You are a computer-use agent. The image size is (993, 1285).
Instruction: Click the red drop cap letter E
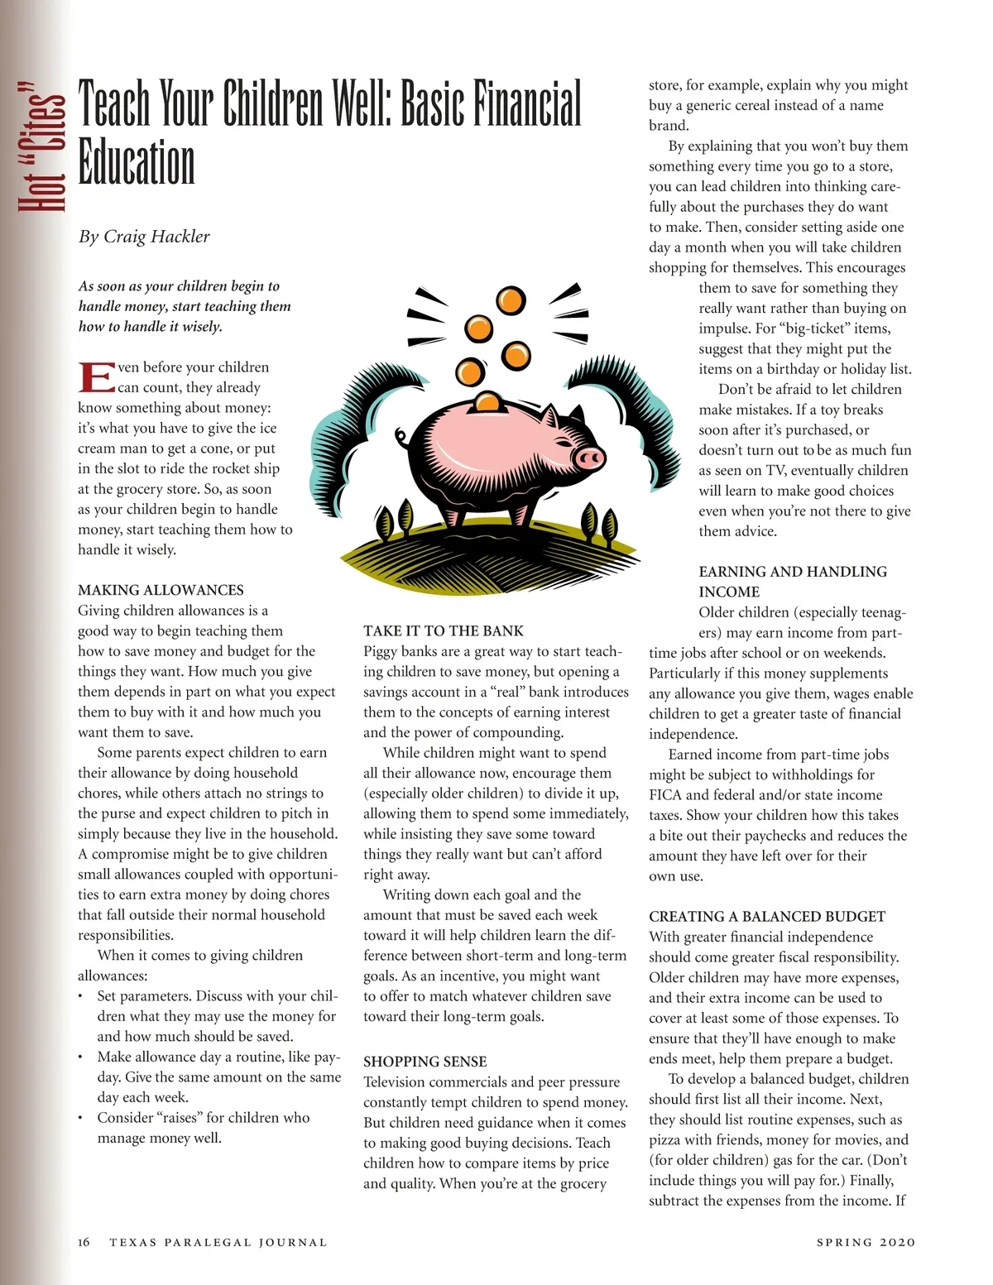click(x=96, y=377)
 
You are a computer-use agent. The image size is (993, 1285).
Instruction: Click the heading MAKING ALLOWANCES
click(x=161, y=590)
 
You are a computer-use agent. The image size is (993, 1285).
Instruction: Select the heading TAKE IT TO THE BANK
click(x=444, y=631)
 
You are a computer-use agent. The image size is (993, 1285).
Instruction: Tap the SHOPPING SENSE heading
click(x=425, y=1062)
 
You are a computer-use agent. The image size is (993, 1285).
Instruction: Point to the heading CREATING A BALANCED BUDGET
click(x=767, y=916)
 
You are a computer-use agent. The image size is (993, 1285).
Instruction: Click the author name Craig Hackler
click(x=156, y=237)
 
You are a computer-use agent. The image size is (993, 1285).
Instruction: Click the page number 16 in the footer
click(x=84, y=1242)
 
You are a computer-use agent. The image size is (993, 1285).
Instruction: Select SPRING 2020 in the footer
click(x=866, y=1242)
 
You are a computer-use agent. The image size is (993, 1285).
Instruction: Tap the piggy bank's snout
click(x=589, y=458)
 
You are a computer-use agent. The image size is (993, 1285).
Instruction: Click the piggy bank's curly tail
click(x=402, y=436)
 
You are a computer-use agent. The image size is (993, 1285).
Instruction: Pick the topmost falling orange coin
click(x=511, y=300)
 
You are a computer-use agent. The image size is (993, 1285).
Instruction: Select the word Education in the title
click(x=137, y=163)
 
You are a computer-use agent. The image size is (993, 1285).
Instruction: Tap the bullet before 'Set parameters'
click(x=80, y=996)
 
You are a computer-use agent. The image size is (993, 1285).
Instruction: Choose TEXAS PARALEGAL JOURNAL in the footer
click(x=218, y=1242)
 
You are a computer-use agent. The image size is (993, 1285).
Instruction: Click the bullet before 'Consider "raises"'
click(x=80, y=1118)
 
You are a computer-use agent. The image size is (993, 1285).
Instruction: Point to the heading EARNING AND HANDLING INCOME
click(x=792, y=582)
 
